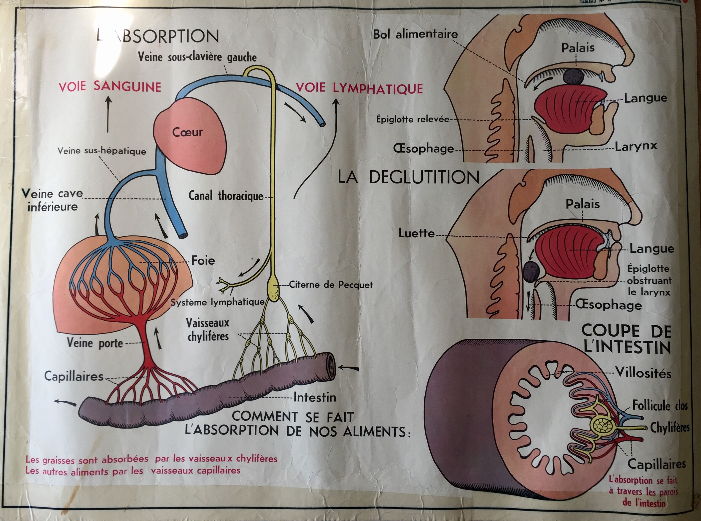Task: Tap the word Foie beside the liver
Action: tap(203, 261)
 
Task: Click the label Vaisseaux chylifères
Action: tap(208, 330)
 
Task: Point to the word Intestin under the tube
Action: tap(315, 397)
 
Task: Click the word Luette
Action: tap(416, 233)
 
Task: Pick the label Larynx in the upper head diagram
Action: tap(636, 146)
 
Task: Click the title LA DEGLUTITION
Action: tap(408, 177)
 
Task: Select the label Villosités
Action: tap(643, 373)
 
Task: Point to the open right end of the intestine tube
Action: tap(330, 366)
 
